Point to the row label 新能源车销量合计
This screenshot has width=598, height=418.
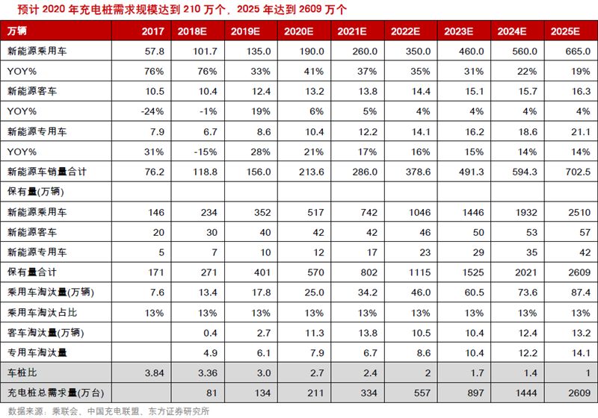[47, 172]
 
